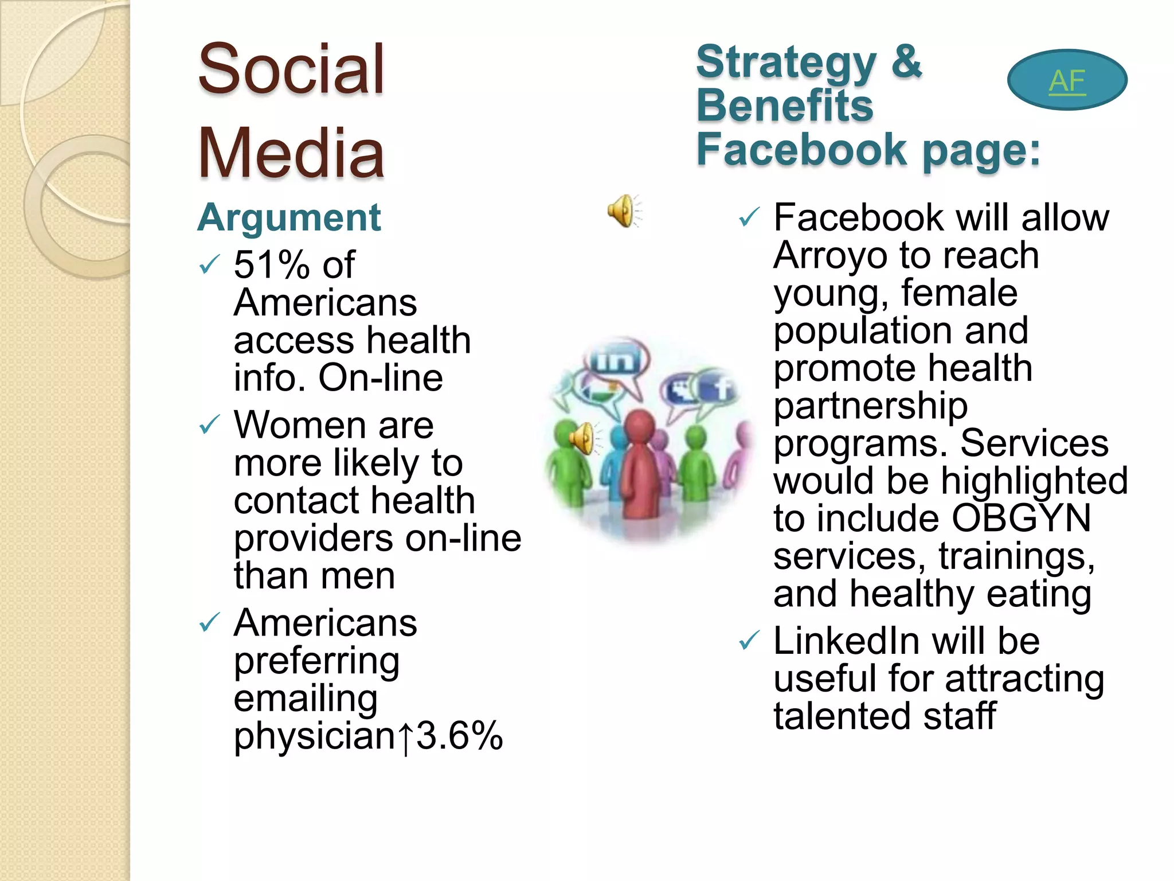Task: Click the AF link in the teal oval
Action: (1067, 81)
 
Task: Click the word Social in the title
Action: (291, 70)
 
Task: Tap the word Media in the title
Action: (291, 154)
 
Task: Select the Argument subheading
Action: (289, 218)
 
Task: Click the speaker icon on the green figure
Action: (582, 439)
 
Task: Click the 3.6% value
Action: (459, 736)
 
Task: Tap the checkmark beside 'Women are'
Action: (209, 426)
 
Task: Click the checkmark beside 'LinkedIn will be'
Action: (749, 640)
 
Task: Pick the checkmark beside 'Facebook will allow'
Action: (749, 217)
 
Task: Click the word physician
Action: (315, 736)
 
